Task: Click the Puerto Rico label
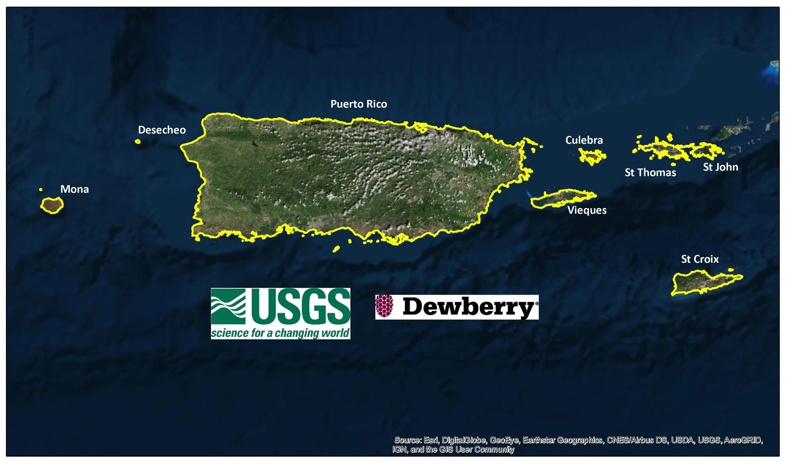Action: point(359,104)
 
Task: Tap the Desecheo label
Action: point(161,130)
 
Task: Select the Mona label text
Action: point(75,190)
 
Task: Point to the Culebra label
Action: point(584,140)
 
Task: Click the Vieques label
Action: point(587,210)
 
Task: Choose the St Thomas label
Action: point(650,173)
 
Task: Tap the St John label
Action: point(720,167)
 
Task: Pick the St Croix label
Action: point(700,259)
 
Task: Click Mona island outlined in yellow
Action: point(52,205)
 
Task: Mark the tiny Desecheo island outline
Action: point(138,141)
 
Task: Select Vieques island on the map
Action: point(562,198)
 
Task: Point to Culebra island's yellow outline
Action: point(592,157)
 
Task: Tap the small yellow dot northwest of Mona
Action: point(41,190)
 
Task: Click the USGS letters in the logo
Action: point(300,306)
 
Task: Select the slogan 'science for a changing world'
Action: point(280,333)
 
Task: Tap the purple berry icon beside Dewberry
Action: point(384,306)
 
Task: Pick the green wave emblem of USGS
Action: point(228,306)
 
